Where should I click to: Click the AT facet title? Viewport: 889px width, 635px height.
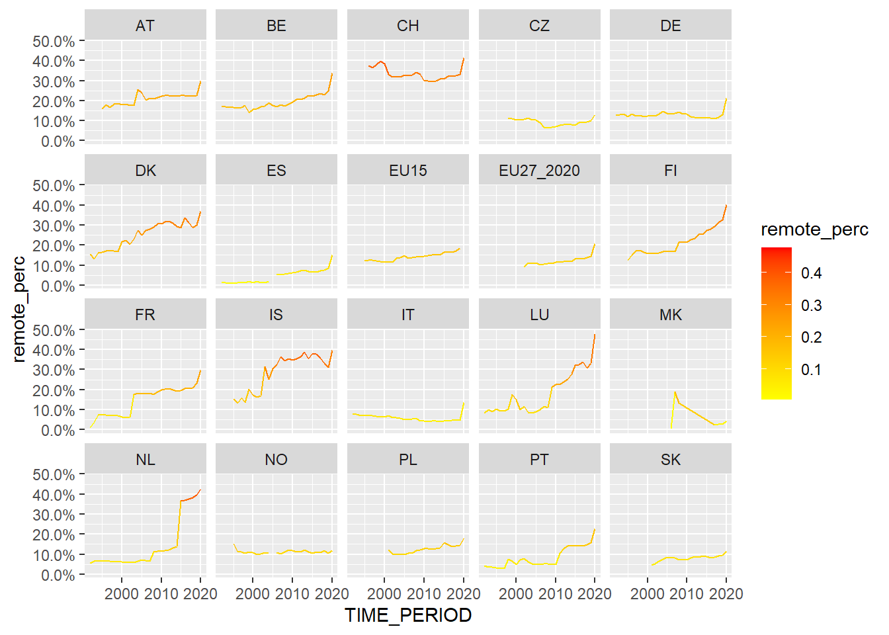pos(145,26)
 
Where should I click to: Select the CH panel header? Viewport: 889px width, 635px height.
pos(407,26)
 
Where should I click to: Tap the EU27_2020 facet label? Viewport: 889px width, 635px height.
pos(539,171)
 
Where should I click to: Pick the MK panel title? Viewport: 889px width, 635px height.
pos(670,315)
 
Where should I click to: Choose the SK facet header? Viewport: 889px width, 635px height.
pos(670,460)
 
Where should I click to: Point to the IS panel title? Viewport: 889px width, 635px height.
pos(276,315)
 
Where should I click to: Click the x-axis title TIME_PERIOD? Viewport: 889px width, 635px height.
pos(407,615)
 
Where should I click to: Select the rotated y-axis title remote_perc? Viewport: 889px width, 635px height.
pos(19,309)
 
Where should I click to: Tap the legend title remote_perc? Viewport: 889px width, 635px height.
pos(814,230)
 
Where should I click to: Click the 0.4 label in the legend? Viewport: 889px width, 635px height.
pos(811,273)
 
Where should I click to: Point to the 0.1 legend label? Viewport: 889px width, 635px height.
pos(811,370)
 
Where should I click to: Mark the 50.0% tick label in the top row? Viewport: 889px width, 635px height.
pos(54,41)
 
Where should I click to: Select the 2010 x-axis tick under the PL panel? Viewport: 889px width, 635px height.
pos(423,594)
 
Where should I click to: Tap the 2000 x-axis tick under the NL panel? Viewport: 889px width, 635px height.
pos(122,594)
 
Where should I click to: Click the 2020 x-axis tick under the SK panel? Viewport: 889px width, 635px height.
pos(726,594)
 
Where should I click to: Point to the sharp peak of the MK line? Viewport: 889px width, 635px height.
pos(675,392)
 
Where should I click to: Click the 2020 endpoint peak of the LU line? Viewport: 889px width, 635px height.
pos(595,335)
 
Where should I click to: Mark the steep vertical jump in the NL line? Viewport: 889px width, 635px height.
pos(179,523)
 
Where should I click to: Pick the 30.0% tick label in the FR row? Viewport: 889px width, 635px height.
pos(54,370)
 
